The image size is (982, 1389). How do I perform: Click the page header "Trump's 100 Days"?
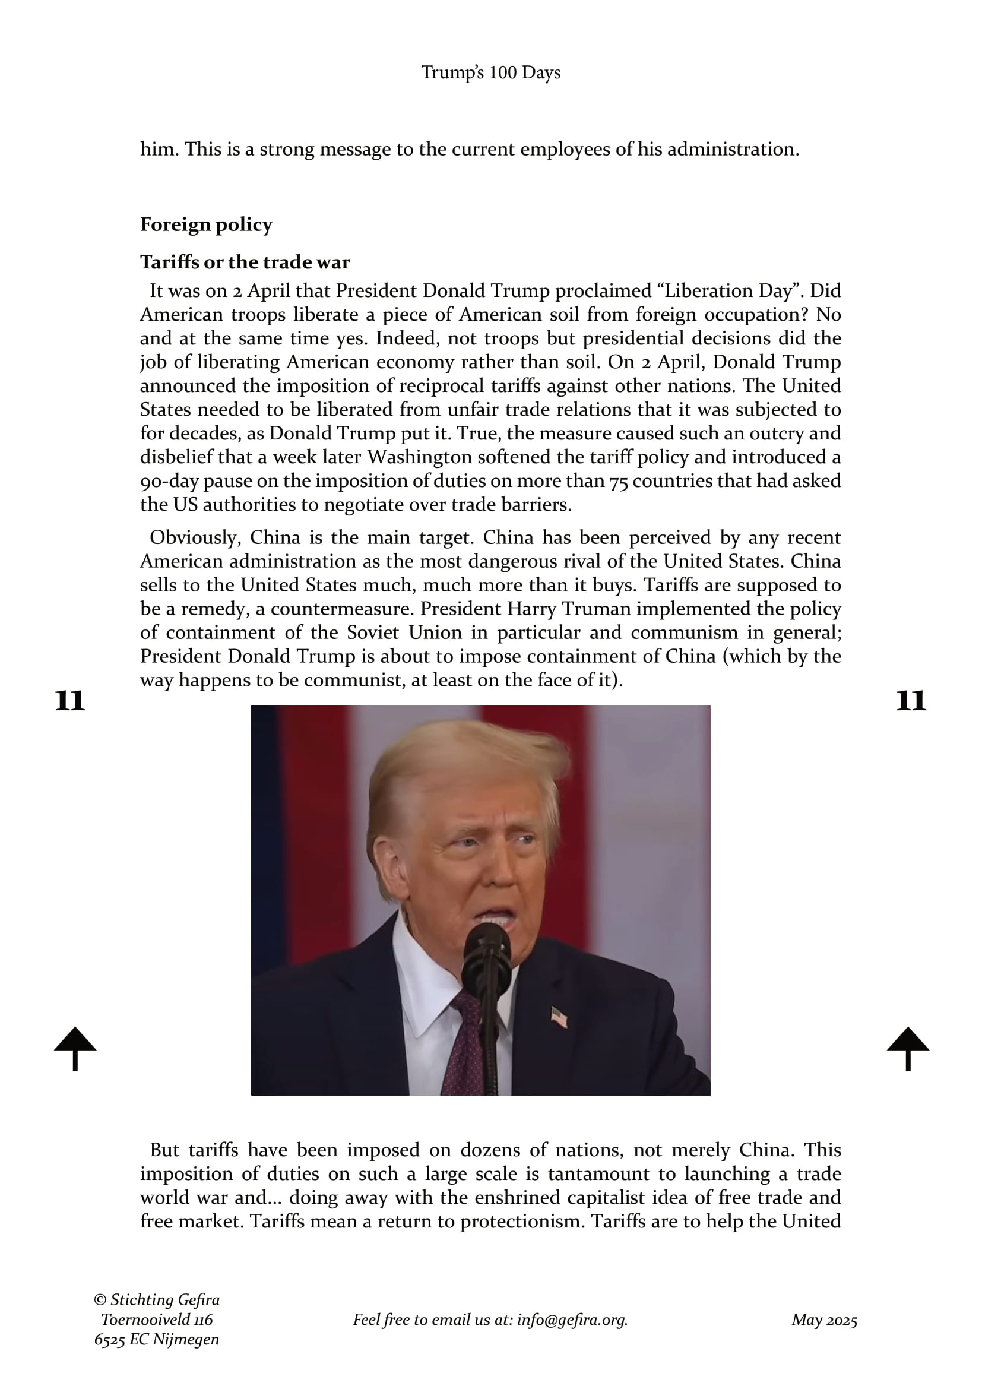point(490,72)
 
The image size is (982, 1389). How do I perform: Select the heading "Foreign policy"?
point(206,224)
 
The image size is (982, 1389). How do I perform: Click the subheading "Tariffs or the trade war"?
point(245,262)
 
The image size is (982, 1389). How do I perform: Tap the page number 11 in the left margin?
point(69,701)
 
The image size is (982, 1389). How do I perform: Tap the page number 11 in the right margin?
point(911,701)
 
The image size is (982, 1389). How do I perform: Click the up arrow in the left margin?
point(75,1048)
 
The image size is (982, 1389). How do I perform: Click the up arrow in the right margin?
point(908,1048)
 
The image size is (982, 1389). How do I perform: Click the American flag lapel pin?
point(559,1017)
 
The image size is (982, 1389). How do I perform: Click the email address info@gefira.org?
point(572,1320)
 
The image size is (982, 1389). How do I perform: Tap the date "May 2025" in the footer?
point(824,1320)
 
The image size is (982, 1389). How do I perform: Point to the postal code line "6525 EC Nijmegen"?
point(157,1339)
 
